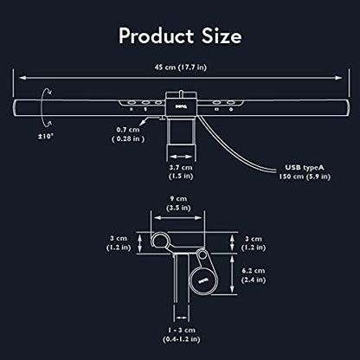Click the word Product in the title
[156, 36]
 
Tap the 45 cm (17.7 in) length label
[181, 67]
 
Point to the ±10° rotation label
[46, 136]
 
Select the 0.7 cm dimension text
[128, 130]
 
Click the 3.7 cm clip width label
[181, 167]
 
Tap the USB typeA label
[305, 168]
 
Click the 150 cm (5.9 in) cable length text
[305, 177]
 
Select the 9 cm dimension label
[178, 199]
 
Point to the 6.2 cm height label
[254, 271]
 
